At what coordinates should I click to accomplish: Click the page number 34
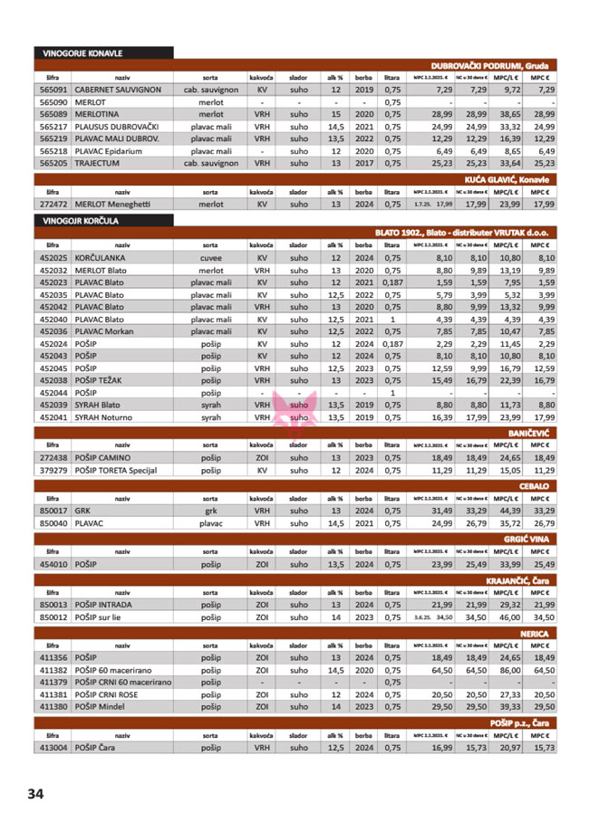coord(35,793)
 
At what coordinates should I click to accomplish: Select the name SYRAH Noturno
coord(107,417)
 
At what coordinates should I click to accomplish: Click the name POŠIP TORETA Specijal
coord(116,471)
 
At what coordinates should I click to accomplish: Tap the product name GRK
coord(82,511)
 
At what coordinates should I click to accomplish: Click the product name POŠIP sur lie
coord(104,617)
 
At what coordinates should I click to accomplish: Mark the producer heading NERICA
coord(535,635)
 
